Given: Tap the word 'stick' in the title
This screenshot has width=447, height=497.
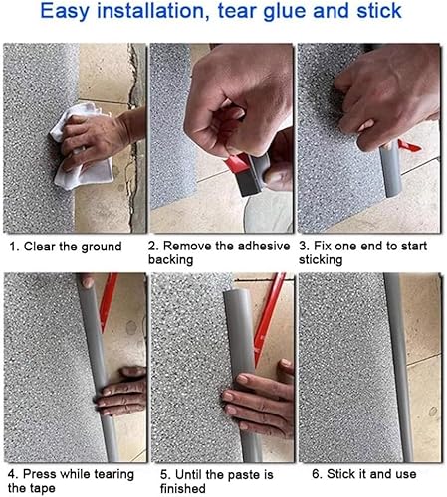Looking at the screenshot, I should click(x=374, y=13).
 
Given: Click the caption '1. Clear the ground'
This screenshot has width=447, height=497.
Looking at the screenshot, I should click(x=66, y=246).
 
